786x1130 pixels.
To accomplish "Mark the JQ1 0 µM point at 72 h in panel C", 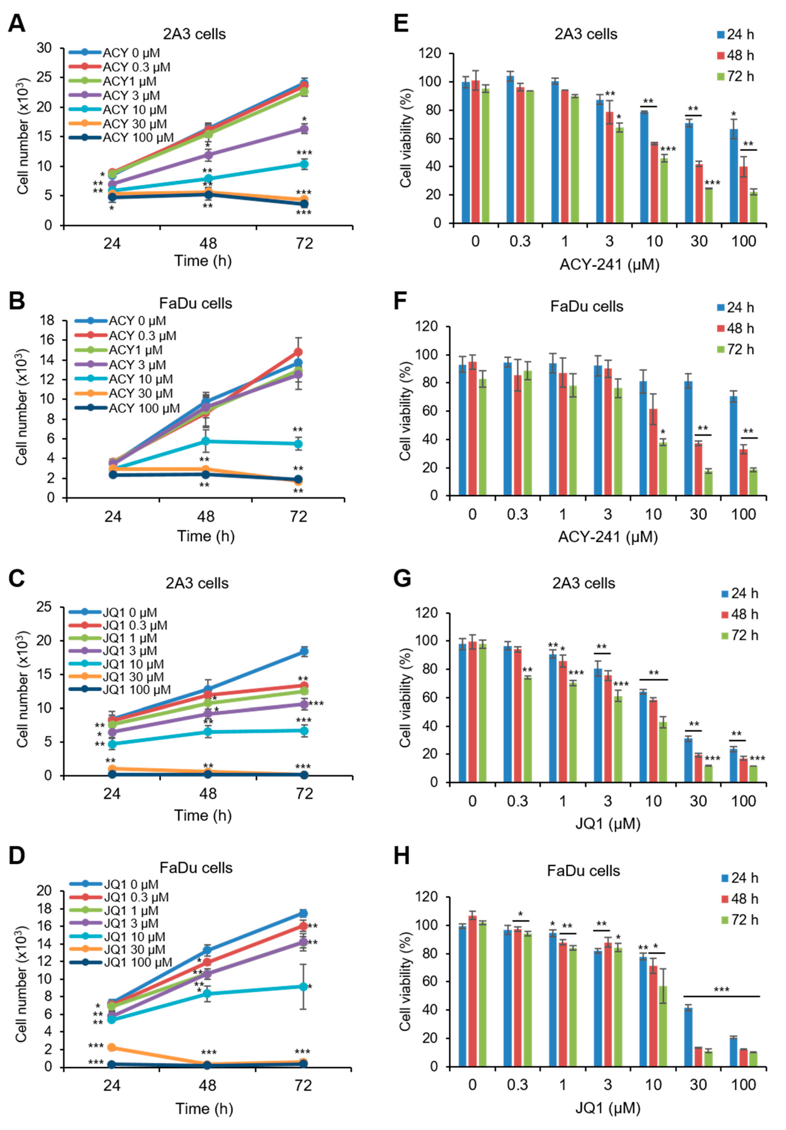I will click(304, 651).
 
